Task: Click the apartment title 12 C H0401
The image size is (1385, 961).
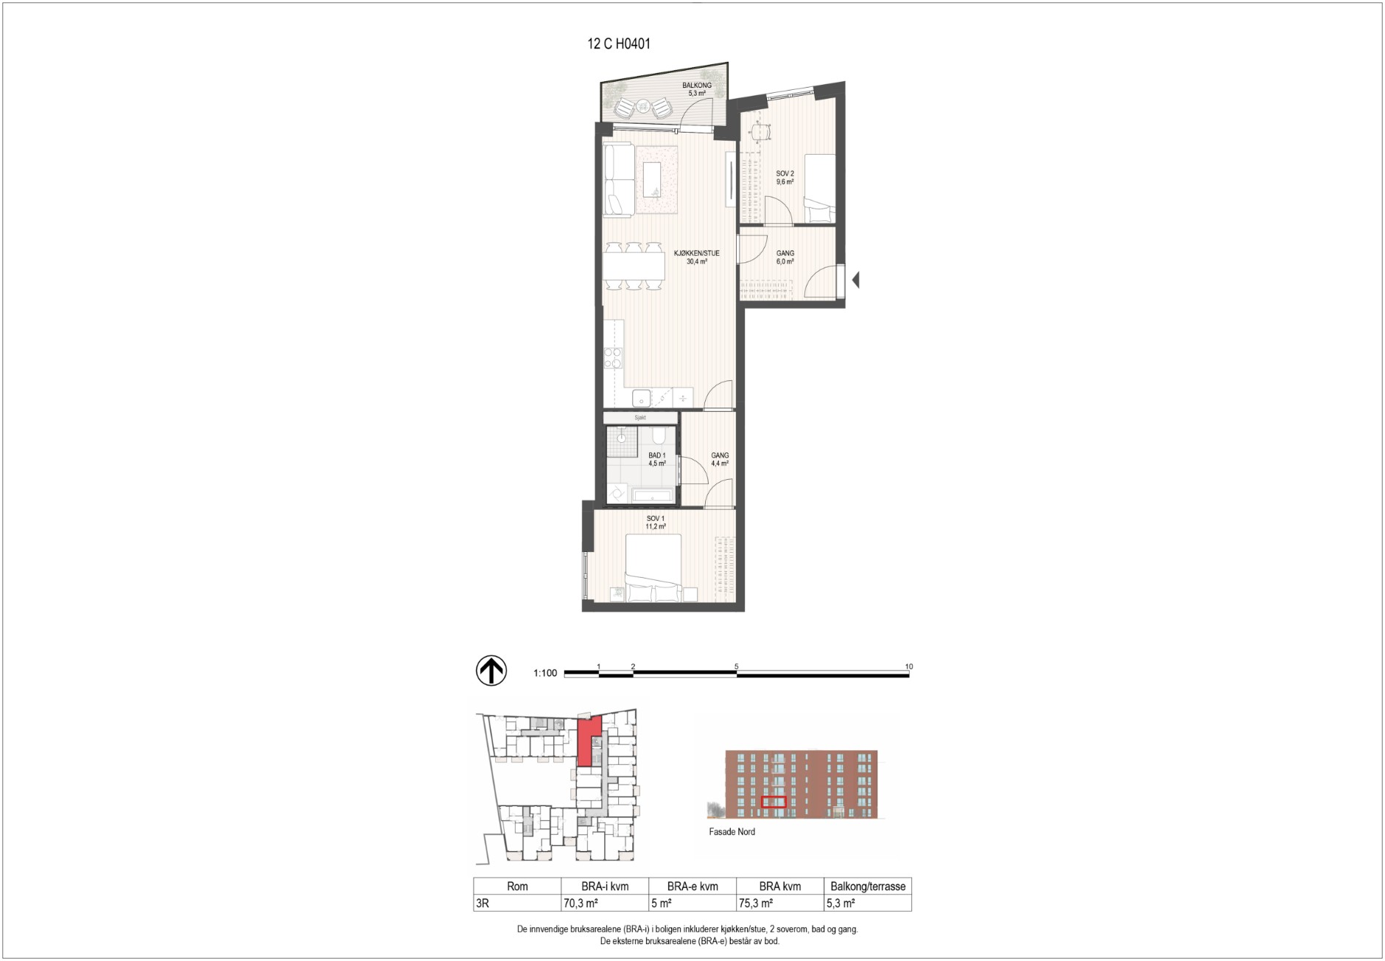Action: click(x=619, y=44)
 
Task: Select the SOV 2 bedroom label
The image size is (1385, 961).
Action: click(x=785, y=173)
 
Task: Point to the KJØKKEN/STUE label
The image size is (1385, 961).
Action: click(x=697, y=254)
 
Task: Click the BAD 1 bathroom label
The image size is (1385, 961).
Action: click(x=657, y=455)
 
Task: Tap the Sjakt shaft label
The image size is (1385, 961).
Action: click(x=640, y=418)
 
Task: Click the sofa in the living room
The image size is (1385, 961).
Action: click(x=618, y=181)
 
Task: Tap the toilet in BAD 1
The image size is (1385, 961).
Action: click(x=658, y=435)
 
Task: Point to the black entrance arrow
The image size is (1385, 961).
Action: click(x=855, y=280)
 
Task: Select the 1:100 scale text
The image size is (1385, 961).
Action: click(x=545, y=673)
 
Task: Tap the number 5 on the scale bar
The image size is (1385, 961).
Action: click(x=737, y=666)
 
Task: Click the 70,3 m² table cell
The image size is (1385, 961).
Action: click(x=581, y=903)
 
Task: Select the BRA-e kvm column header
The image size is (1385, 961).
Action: click(x=692, y=887)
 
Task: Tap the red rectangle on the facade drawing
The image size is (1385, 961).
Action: click(x=774, y=803)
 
